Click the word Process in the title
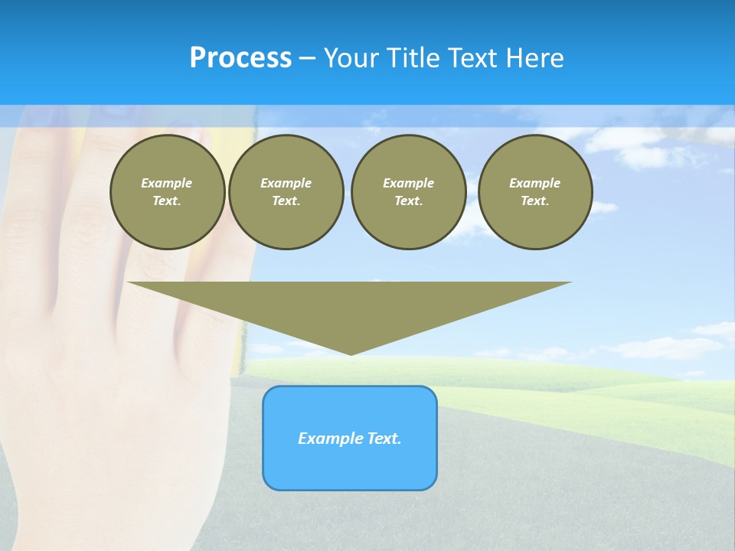pos(240,58)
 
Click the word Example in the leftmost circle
pos(167,183)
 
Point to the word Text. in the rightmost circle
pos(535,201)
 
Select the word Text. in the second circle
pos(286,201)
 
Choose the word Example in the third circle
pos(408,183)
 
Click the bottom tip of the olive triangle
pos(351,352)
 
